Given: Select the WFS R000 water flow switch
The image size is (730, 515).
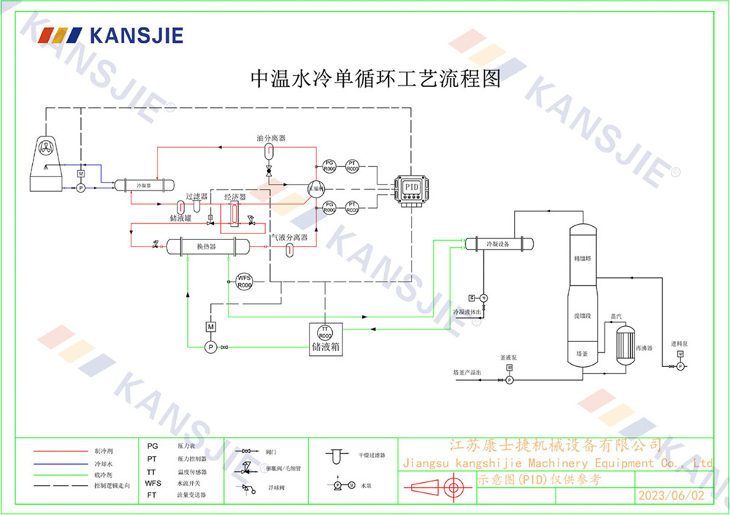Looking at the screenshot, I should click(245, 281).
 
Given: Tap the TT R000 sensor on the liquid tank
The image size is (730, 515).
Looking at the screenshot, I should click(325, 333).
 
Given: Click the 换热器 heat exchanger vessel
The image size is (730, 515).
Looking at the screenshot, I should click(207, 247).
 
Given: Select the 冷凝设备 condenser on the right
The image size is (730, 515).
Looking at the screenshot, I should click(499, 244).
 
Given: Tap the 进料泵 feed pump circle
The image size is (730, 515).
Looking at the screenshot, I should click(680, 365).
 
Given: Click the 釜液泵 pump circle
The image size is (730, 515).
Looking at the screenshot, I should click(510, 379).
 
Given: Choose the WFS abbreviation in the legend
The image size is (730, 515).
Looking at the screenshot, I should click(153, 483).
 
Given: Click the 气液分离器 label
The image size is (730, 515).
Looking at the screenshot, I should click(289, 237).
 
